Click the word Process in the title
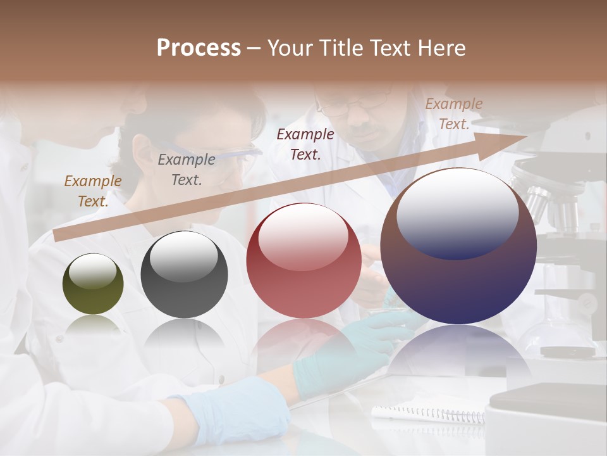point(199,48)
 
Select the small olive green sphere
point(93,284)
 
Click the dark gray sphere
point(184,275)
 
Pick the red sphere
point(303,261)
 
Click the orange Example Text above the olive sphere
point(92,191)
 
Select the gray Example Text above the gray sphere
point(186,170)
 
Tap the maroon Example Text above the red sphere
point(305,144)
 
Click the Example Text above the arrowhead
point(453,114)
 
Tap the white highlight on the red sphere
point(303,237)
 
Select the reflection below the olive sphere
point(93,326)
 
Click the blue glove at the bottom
point(234,412)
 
